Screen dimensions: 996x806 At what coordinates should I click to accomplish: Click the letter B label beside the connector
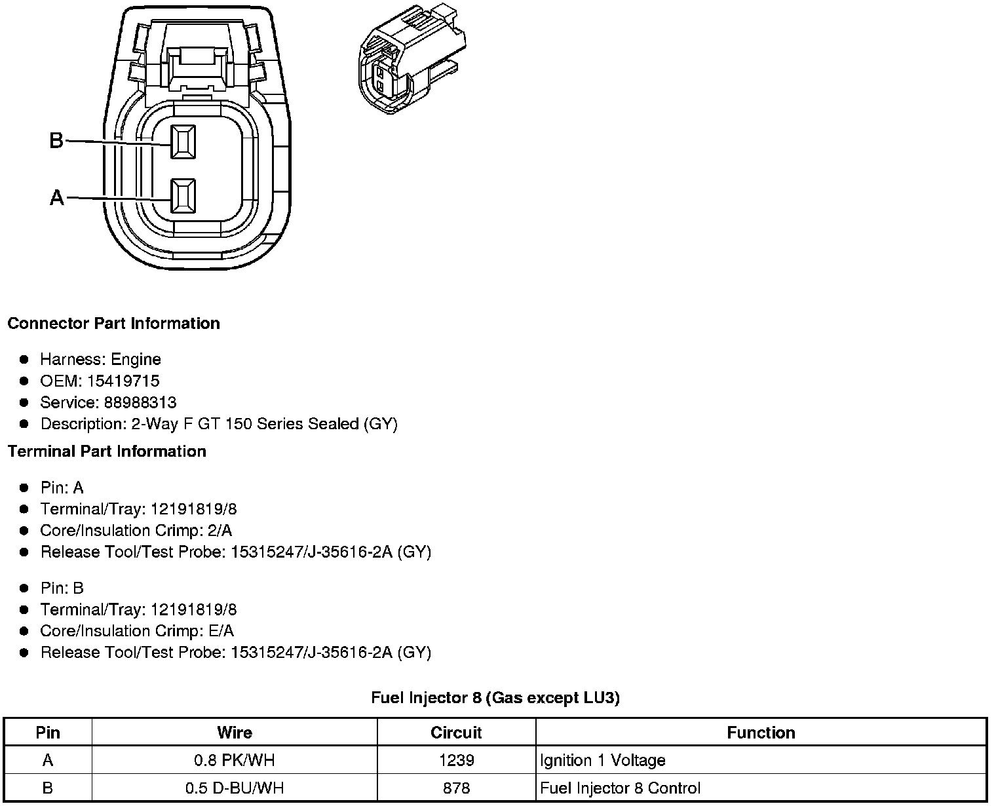(56, 140)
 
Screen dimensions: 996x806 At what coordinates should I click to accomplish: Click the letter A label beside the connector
(57, 197)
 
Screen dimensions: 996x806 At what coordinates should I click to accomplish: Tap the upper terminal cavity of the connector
(183, 142)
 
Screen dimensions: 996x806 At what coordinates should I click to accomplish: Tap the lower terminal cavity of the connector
(183, 196)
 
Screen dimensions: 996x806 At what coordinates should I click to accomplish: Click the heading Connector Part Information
(113, 324)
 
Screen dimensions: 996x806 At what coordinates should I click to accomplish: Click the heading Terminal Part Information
(107, 451)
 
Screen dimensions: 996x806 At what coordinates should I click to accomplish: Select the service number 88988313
(140, 402)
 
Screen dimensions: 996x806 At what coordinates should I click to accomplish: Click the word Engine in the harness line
(136, 359)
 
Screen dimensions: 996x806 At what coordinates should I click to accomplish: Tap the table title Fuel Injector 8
(495, 698)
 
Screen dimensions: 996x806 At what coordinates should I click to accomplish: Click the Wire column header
(235, 733)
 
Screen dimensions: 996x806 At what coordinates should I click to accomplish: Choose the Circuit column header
(456, 733)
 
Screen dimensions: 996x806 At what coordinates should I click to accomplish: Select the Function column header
(761, 733)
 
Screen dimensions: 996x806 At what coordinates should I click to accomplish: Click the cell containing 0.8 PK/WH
(235, 760)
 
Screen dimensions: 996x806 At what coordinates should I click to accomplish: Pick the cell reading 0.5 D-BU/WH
(235, 788)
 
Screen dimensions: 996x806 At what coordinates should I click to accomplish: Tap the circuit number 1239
(456, 760)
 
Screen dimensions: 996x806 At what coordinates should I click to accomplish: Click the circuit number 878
(456, 788)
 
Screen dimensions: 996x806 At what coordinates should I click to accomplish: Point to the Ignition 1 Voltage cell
(603, 760)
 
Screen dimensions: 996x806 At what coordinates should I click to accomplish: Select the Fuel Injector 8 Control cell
(620, 788)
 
